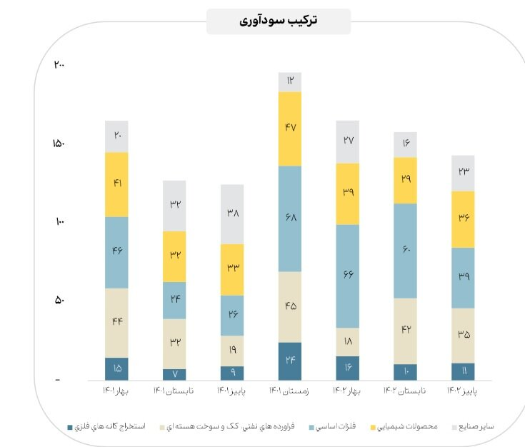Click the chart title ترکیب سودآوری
coord(279,21)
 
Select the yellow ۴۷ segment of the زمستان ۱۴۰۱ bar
coord(290,129)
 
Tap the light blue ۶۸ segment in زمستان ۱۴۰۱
coord(290,219)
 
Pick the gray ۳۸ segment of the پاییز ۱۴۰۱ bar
coord(232,214)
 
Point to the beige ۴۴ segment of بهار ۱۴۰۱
coord(116,323)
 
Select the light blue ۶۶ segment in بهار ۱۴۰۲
coord(348,276)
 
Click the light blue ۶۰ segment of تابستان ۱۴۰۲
coord(406,251)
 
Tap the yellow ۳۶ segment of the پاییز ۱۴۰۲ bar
coord(463,219)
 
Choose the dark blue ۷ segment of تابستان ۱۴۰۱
coord(174,374)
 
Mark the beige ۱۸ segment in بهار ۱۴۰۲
coord(348,342)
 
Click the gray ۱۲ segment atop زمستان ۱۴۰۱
coord(290,82)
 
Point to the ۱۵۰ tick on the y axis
coord(59,144)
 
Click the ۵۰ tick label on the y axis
coord(60,301)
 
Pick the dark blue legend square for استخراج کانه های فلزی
coord(69,427)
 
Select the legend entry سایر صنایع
coord(480,427)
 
